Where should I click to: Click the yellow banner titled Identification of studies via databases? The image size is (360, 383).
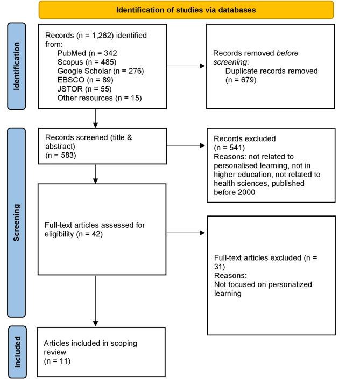(x=186, y=10)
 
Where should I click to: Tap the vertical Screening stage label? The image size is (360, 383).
(x=17, y=221)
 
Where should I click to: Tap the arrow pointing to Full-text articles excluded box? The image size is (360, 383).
(x=186, y=233)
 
